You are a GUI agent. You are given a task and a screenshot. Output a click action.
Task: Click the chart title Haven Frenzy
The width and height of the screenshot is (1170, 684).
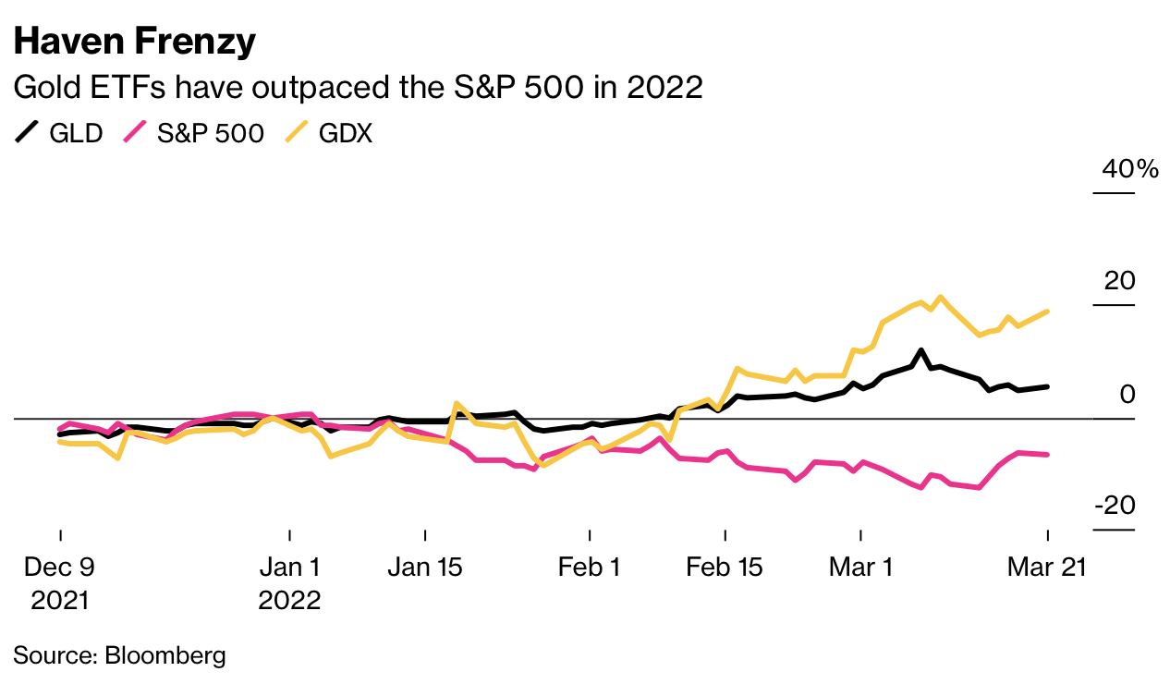[x=134, y=42]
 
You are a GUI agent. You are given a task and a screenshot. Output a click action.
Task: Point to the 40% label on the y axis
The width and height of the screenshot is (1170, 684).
[x=1128, y=169]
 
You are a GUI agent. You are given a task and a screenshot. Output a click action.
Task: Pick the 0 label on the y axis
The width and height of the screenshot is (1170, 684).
[x=1127, y=395]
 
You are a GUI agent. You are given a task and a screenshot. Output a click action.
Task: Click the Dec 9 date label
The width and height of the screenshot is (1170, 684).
[x=60, y=567]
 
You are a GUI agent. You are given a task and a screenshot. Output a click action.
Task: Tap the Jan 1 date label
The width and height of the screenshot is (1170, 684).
[x=289, y=567]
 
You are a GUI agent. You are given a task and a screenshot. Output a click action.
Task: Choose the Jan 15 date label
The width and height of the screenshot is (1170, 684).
[x=425, y=567]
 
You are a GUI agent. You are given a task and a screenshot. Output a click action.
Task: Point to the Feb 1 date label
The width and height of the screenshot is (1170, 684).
[x=589, y=567]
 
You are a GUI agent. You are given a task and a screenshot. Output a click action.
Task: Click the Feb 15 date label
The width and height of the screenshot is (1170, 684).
[x=725, y=567]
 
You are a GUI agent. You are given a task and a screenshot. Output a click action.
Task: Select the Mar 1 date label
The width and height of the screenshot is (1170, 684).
[x=860, y=567]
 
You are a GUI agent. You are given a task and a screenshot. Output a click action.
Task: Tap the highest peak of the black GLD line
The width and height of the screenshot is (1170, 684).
[x=920, y=351]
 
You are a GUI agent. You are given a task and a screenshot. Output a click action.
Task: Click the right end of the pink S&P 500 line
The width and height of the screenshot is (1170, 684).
[x=1047, y=454]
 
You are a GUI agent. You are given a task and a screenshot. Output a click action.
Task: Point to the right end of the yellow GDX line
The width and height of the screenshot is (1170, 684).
[x=1047, y=311]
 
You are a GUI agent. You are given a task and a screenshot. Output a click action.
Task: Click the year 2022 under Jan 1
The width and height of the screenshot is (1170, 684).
[x=289, y=600]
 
